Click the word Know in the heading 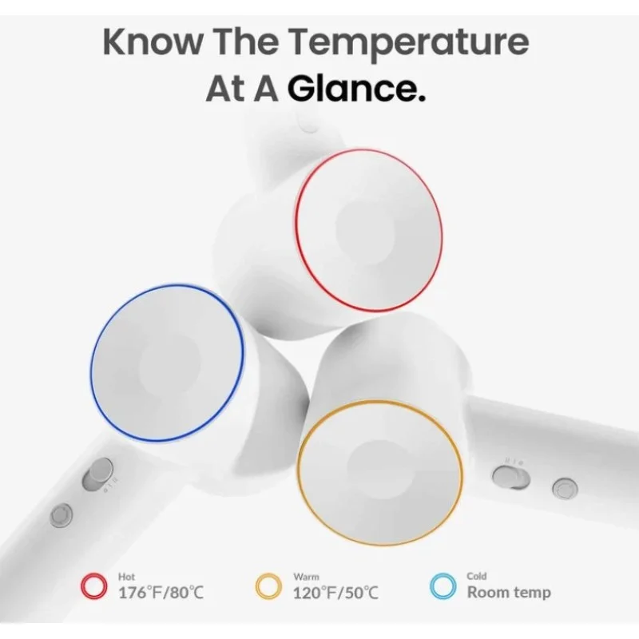coord(153,42)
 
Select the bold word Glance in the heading coord(356,88)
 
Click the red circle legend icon coord(94,586)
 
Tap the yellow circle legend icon coord(268,586)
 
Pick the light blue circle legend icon coord(443,586)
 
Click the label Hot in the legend coord(126,577)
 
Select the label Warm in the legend coord(306,577)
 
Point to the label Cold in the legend coord(477,576)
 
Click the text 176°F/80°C coord(161,593)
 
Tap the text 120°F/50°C coord(335,593)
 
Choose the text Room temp coord(509,592)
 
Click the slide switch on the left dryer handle coord(97,474)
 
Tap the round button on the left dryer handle coord(62,514)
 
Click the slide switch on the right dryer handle coord(511,477)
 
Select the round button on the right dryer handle coord(565,488)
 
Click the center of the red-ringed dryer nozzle coord(368,230)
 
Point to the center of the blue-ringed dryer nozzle coord(168,363)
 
